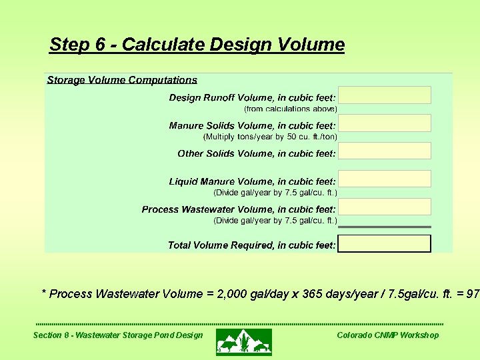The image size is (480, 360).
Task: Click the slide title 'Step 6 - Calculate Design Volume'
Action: [197, 45]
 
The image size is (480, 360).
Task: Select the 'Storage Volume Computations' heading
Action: [122, 80]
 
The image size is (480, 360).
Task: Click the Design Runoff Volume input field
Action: [385, 95]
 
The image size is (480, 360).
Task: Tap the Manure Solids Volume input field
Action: [385, 123]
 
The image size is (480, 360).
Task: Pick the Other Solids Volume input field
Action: [385, 151]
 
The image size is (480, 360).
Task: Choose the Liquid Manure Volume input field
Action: [385, 179]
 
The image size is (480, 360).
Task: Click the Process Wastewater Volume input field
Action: [385, 207]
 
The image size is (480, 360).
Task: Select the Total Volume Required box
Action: [385, 244]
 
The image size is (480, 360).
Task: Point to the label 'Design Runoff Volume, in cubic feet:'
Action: [252, 97]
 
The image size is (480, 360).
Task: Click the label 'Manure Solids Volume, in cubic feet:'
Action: [252, 125]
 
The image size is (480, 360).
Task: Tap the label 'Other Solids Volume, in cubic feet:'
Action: [257, 153]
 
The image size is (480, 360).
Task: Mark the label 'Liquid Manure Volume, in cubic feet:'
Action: [252, 181]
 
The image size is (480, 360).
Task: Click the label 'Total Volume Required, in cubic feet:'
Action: [251, 245]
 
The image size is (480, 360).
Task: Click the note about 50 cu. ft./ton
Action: [270, 137]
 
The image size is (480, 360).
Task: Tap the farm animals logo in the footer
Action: [244, 341]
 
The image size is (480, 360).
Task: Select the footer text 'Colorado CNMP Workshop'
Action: [388, 335]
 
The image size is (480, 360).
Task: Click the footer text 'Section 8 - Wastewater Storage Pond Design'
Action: [118, 335]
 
